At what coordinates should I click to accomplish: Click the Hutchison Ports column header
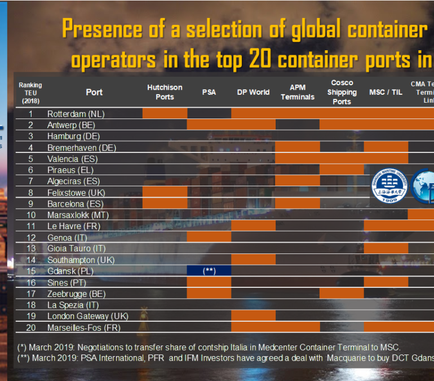[165, 92]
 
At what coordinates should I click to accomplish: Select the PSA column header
[209, 92]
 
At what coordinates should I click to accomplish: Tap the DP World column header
[253, 92]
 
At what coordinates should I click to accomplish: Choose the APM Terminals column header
[298, 92]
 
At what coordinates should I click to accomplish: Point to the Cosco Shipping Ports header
[342, 92]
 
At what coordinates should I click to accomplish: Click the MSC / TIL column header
[386, 92]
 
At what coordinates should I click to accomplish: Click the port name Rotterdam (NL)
[76, 114]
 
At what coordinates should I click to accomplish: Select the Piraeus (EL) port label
[70, 170]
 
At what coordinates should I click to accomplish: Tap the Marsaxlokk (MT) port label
[78, 215]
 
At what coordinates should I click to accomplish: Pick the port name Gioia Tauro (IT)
[76, 248]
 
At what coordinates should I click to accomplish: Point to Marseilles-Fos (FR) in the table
[84, 327]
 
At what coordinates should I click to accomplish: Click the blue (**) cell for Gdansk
[209, 271]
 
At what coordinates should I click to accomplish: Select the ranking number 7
[31, 181]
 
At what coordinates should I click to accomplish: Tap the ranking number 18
[31, 305]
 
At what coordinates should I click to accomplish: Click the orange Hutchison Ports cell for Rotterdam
[165, 113]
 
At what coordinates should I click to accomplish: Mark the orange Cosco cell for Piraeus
[342, 169]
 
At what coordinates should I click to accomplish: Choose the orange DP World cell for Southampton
[253, 260]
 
